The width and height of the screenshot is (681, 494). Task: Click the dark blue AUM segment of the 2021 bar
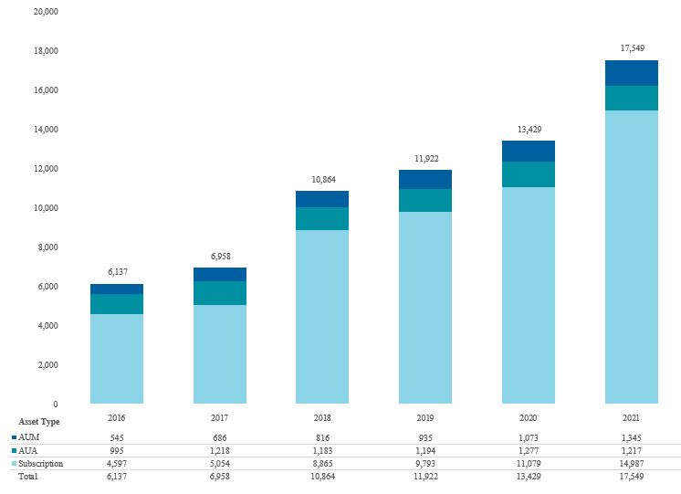point(632,73)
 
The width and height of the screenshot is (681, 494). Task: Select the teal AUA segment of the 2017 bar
point(220,293)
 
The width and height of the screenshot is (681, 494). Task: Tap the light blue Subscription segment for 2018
point(322,316)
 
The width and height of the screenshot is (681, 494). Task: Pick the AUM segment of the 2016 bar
point(117,289)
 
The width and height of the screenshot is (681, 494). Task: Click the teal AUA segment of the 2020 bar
point(529,174)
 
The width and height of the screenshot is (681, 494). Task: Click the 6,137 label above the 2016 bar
point(117,271)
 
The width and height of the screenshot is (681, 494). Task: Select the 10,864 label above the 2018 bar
point(322,179)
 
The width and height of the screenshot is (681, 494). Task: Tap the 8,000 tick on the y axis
point(47,247)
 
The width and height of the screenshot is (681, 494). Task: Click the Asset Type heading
point(37,422)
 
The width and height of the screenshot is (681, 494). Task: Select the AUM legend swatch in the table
point(14,437)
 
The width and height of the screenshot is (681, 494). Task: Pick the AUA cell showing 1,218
point(220,451)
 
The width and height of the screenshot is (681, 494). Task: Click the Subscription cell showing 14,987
point(632,464)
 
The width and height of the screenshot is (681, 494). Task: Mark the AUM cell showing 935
point(425,437)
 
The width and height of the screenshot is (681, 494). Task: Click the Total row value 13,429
point(529,478)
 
